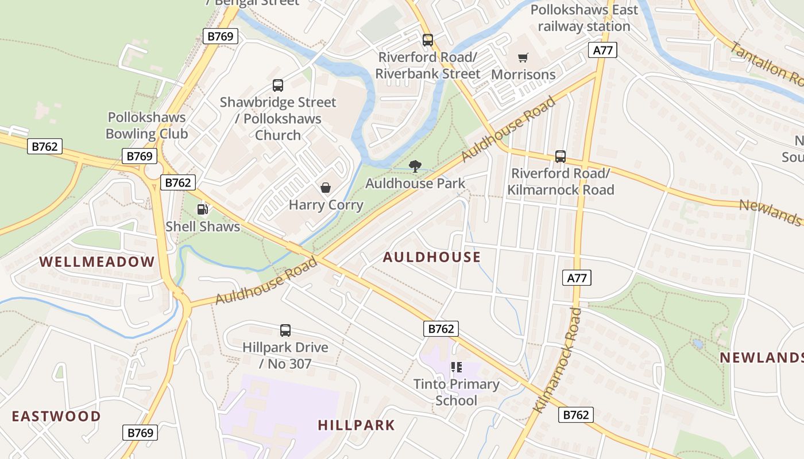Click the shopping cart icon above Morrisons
(523, 57)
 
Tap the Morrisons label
(523, 75)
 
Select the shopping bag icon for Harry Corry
(326, 188)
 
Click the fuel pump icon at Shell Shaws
(202, 209)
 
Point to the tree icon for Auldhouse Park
(415, 166)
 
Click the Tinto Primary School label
(457, 392)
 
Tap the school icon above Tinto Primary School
(457, 367)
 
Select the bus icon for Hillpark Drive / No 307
(285, 330)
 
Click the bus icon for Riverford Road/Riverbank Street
(428, 40)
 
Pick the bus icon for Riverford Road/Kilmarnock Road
(561, 156)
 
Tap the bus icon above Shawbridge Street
(278, 85)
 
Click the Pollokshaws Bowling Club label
(146, 126)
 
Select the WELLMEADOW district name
(97, 262)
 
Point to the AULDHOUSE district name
(432, 257)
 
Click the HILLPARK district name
(357, 425)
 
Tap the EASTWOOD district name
(56, 416)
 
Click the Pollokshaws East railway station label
(584, 18)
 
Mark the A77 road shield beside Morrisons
(602, 50)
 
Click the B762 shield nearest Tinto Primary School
(441, 329)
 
